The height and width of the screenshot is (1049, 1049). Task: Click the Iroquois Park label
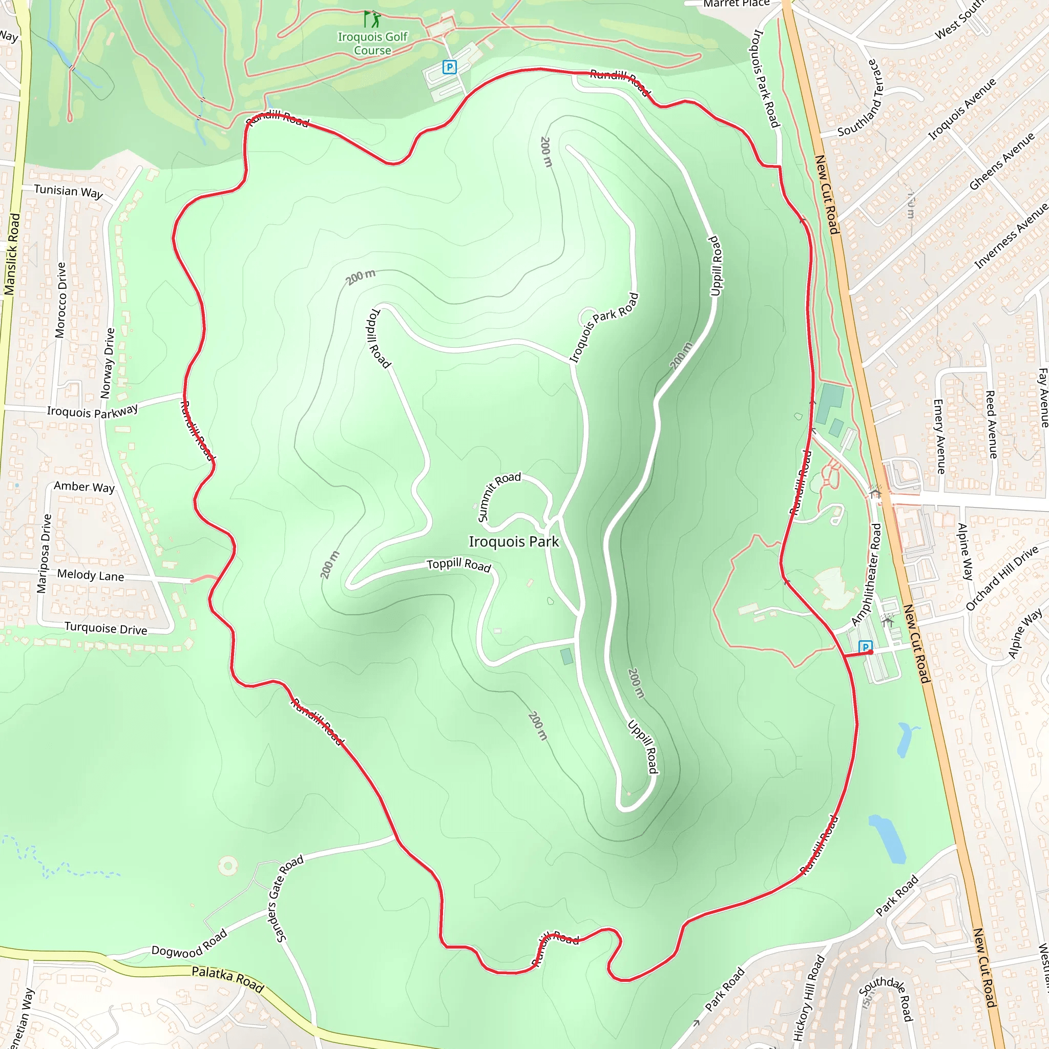click(x=514, y=542)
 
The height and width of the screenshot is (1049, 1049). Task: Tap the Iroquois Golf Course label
click(x=372, y=44)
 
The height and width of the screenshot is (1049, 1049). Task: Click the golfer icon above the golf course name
click(x=372, y=19)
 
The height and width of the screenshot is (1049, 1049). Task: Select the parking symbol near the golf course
click(x=449, y=67)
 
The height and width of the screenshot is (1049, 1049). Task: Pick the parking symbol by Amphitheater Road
click(x=865, y=647)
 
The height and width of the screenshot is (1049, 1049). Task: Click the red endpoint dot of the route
click(x=871, y=652)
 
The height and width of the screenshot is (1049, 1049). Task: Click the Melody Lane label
click(x=91, y=575)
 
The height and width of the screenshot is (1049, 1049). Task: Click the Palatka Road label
click(x=228, y=979)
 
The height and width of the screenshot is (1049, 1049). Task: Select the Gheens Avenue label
click(x=1002, y=161)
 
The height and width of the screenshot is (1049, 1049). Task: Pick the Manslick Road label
click(x=12, y=254)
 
